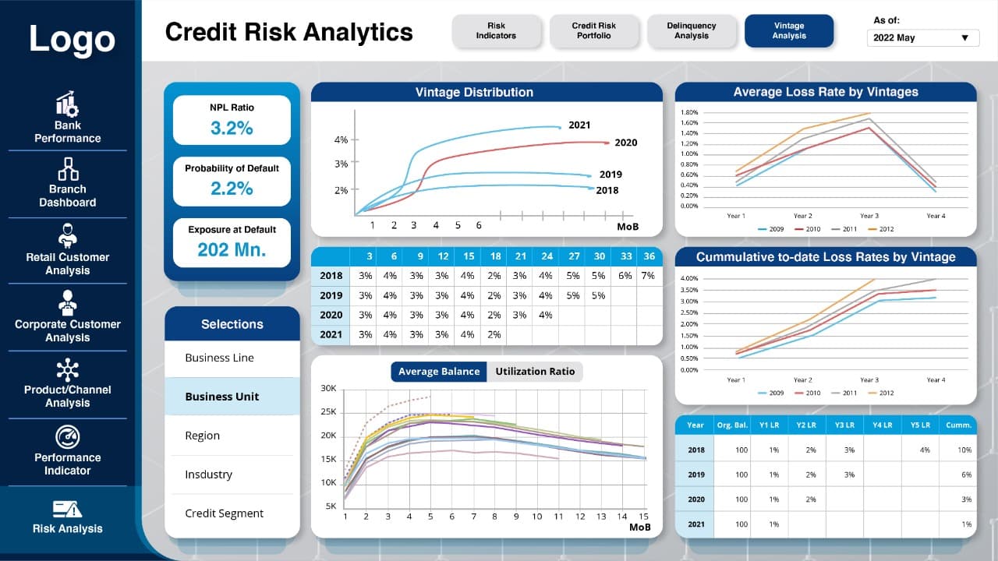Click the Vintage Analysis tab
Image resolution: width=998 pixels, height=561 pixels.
[788, 30]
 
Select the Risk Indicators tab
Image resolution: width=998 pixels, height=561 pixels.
[496, 30]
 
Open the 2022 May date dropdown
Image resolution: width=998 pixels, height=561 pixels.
[922, 38]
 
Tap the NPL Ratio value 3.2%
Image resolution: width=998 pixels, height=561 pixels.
[232, 129]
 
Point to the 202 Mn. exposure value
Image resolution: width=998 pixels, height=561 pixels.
[232, 250]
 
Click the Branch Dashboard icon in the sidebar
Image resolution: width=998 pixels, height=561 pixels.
[68, 169]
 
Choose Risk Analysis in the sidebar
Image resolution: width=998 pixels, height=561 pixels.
[68, 517]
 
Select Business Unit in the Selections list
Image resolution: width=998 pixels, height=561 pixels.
[222, 397]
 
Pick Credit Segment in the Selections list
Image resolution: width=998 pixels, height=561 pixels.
[224, 513]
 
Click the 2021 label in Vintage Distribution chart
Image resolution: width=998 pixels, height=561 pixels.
[579, 125]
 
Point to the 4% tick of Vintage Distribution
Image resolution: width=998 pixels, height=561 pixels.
[341, 139]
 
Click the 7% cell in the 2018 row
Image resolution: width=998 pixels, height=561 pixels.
[648, 276]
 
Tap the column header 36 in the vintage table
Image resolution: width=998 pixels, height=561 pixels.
[649, 256]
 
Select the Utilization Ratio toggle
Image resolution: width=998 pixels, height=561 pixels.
[535, 372]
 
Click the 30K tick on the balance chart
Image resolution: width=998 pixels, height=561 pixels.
[328, 388]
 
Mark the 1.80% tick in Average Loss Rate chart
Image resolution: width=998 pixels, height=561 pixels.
[688, 112]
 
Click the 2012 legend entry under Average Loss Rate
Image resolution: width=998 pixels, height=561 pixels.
[881, 229]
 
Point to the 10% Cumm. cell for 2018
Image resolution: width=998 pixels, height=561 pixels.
[964, 450]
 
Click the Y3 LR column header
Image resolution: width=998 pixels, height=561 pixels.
[844, 425]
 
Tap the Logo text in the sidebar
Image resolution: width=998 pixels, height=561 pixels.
[73, 39]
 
